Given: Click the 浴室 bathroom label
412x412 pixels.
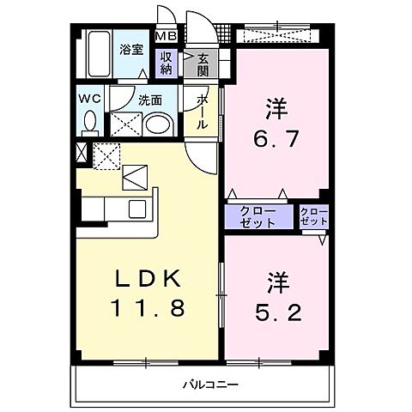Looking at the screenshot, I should pos(131,50).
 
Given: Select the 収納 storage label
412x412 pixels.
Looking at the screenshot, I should pos(164,64).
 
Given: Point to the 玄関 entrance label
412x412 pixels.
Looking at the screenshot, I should pos(203,64).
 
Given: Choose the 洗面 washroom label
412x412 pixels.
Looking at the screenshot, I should pos(150,100).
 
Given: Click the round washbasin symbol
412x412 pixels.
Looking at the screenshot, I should pos(156,125).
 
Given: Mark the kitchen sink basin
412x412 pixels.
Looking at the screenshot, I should pos(137,208).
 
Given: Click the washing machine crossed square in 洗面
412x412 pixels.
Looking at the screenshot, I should pos(126,125).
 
